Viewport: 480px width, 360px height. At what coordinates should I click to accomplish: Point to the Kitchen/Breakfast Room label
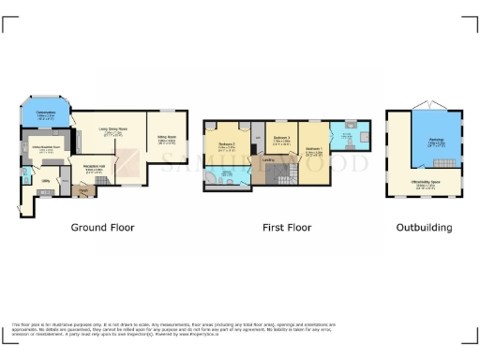tap(47, 147)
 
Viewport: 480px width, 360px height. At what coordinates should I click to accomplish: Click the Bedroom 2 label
tap(227, 144)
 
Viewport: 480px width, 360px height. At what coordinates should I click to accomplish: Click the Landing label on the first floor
tap(268, 159)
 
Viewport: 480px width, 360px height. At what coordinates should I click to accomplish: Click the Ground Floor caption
tap(103, 228)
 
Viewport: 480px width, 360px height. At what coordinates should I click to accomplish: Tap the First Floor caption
tap(286, 228)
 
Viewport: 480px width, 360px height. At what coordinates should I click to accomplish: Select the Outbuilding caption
tap(424, 228)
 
